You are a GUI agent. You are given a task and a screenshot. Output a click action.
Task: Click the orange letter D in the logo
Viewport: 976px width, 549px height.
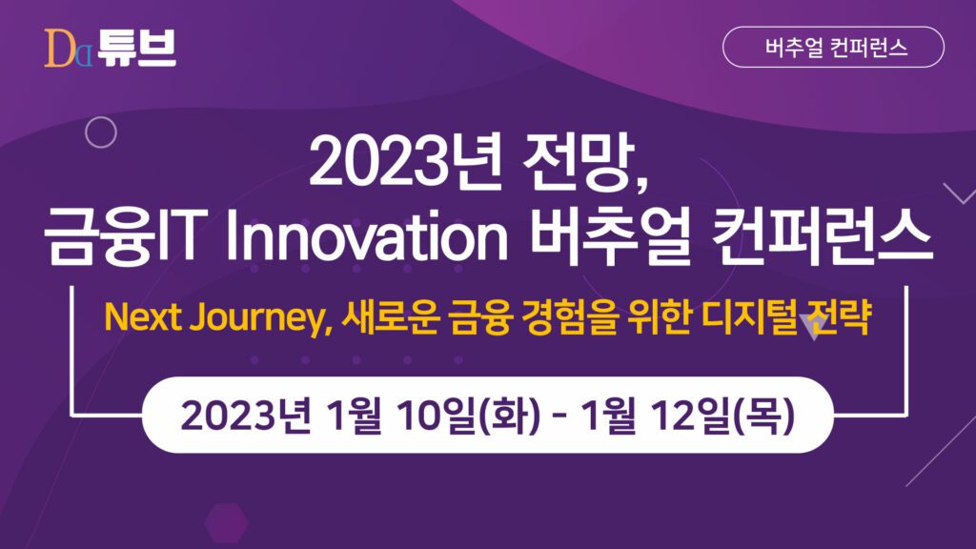point(58,48)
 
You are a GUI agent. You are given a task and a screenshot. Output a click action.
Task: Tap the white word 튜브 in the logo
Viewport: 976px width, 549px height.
point(137,48)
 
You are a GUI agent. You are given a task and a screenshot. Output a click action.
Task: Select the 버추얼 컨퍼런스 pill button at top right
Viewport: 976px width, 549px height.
point(833,47)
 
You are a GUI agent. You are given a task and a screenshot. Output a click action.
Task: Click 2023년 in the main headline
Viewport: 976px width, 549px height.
point(404,163)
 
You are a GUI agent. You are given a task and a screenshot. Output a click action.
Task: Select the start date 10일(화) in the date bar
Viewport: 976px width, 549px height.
point(468,416)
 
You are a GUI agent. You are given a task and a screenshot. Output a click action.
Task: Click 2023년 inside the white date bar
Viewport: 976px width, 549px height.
point(245,416)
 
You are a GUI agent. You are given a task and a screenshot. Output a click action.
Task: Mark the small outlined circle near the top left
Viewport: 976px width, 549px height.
point(101,132)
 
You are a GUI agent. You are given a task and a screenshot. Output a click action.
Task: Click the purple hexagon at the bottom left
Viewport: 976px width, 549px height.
point(226,521)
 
